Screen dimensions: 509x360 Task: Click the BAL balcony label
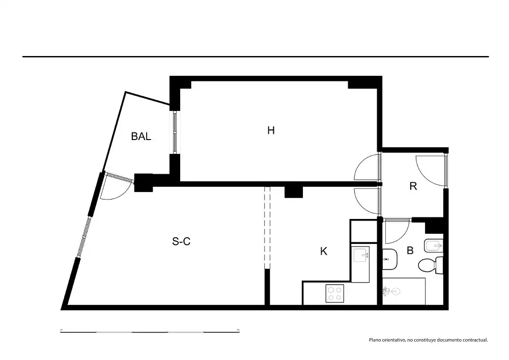pos(141,136)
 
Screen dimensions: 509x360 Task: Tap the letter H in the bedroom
pos(271,130)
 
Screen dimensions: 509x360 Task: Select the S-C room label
pos(181,241)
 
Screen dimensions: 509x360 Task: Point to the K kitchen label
pos(324,251)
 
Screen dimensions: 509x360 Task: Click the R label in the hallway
pos(413,186)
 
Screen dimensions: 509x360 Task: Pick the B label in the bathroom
pos(410,251)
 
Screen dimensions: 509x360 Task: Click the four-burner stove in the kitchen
pos(335,293)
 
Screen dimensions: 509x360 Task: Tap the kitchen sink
pos(361,255)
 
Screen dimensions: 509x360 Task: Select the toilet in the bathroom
pos(431,265)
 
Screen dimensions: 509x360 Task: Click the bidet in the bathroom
pos(433,246)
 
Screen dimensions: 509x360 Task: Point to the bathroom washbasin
pos(389,259)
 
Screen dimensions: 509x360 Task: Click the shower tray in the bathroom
pos(404,291)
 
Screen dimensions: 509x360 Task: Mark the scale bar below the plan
pos(150,331)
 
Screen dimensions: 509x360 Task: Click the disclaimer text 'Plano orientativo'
pos(387,340)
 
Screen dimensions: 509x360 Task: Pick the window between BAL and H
pos(175,132)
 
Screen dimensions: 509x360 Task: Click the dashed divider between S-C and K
pos(267,228)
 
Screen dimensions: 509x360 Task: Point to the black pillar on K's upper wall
pos(294,192)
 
